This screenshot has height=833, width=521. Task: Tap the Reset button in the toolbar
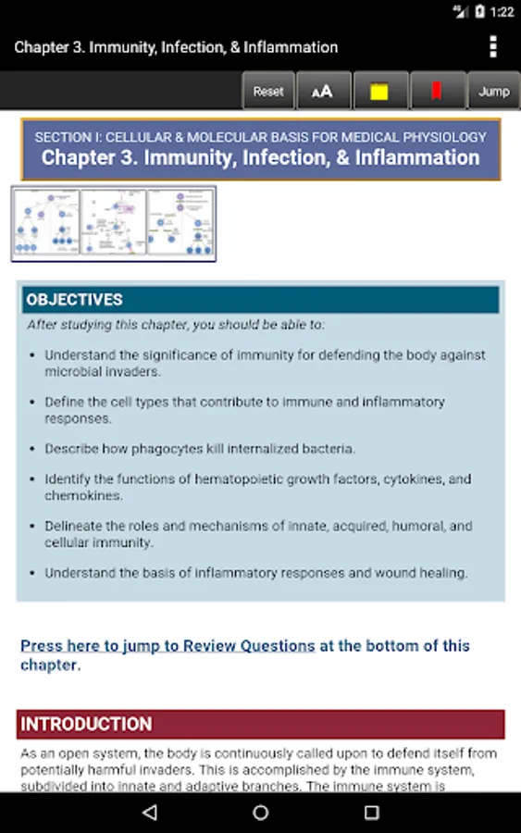click(x=268, y=92)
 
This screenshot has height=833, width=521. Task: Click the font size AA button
click(x=323, y=92)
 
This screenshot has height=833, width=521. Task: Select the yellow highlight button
click(x=378, y=92)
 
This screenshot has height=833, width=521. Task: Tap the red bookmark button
click(x=435, y=92)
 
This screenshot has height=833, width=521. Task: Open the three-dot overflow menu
click(x=493, y=46)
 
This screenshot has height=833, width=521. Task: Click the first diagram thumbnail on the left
click(x=46, y=223)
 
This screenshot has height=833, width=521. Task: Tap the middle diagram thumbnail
click(x=114, y=223)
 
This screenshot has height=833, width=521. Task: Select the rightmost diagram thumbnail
click(x=180, y=223)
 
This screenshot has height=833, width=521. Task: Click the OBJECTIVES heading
click(x=74, y=300)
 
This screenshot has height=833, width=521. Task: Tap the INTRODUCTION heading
click(x=86, y=724)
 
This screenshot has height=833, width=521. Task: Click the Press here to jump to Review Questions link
click(x=167, y=646)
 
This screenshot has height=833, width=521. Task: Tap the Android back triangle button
click(x=149, y=813)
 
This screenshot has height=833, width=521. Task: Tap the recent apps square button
click(x=371, y=813)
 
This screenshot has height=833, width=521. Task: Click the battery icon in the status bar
click(x=479, y=12)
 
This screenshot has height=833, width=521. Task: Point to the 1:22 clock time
click(x=502, y=12)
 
